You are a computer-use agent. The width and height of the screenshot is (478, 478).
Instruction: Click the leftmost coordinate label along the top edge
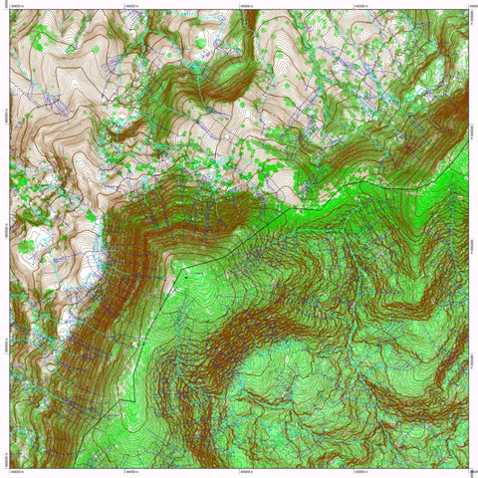[x=17, y=5]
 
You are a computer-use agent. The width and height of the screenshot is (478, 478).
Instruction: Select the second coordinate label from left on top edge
[x=130, y=5]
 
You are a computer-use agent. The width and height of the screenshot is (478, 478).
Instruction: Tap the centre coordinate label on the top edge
[x=244, y=5]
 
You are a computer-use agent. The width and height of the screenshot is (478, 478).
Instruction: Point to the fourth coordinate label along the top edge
[x=358, y=5]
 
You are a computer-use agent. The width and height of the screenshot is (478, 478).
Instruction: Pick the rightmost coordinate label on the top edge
[x=469, y=5]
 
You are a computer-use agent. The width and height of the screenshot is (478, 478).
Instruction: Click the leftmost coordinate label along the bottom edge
[x=17, y=473]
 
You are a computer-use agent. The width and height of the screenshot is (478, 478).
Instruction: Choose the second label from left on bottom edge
[x=130, y=473]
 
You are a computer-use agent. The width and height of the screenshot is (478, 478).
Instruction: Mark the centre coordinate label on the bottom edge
[x=244, y=473]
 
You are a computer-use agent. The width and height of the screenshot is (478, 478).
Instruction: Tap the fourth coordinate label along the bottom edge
[x=358, y=473]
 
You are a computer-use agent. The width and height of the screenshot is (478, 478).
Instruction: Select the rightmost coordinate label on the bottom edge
[x=469, y=473]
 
